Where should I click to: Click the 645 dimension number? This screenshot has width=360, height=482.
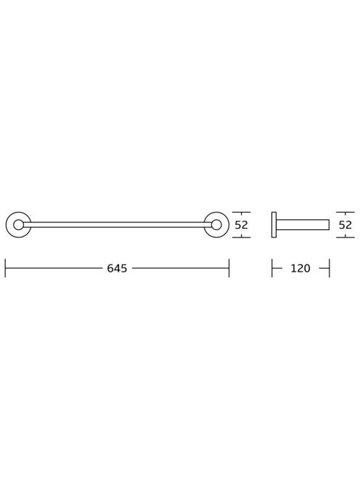pyautogui.click(x=117, y=269)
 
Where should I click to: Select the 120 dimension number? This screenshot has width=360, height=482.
pyautogui.click(x=300, y=269)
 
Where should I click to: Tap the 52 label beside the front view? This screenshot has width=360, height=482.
pyautogui.click(x=241, y=225)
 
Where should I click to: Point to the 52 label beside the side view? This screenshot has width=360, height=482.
pyautogui.click(x=345, y=225)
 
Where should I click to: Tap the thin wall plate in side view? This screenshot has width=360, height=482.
pyautogui.click(x=274, y=225)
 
